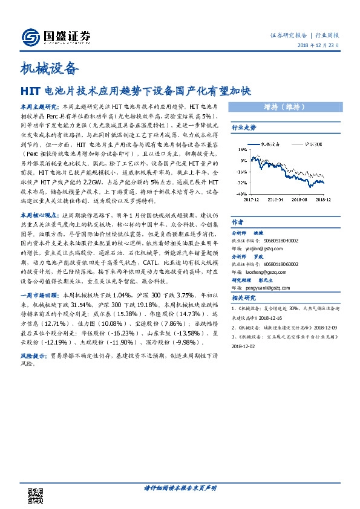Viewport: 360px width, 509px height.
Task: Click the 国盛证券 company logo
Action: pyautogui.click(x=56, y=37)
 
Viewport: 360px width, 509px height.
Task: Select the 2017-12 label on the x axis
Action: pyautogui.click(x=252, y=196)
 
